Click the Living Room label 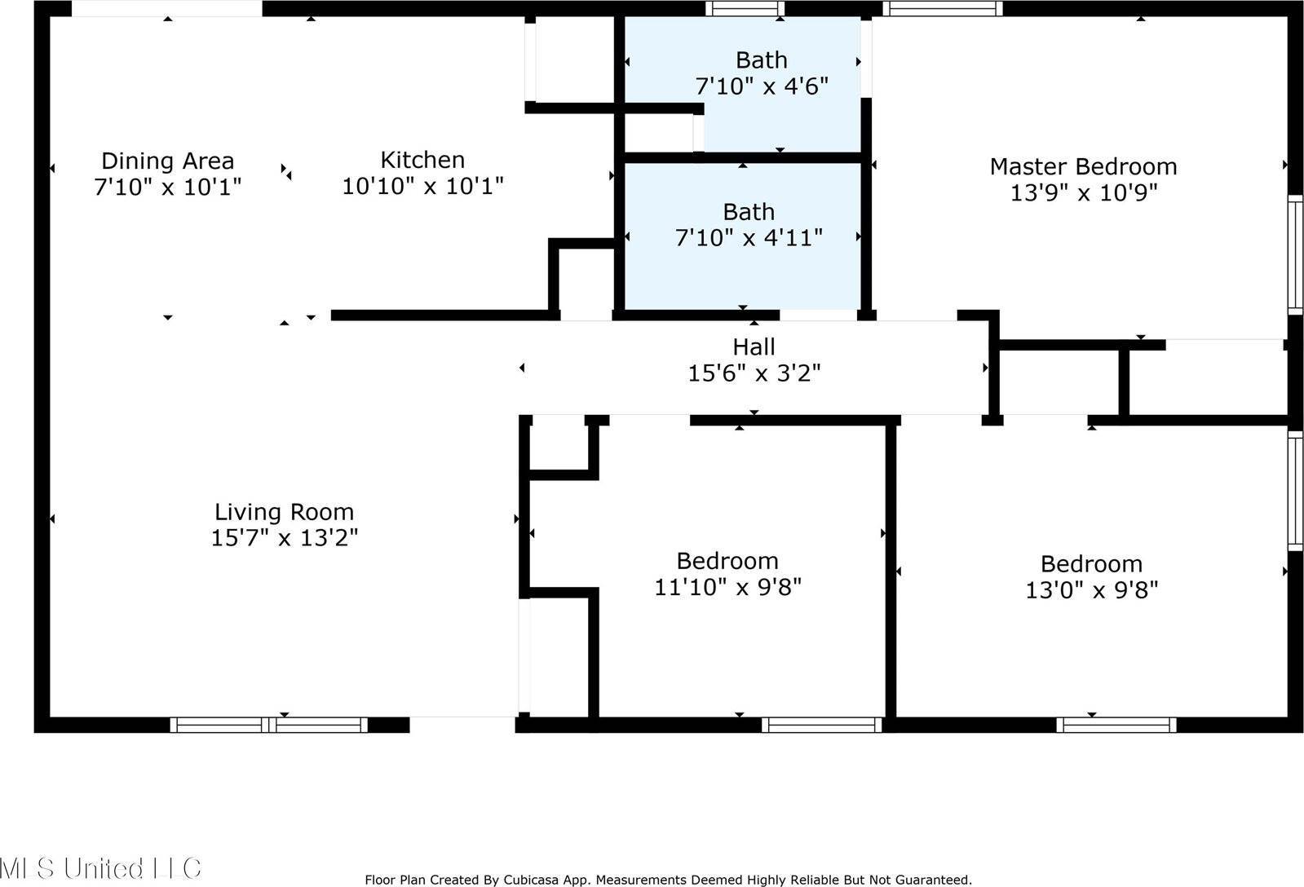pos(284,512)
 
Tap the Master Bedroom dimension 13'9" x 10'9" pos(1083,192)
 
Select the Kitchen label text pos(422,160)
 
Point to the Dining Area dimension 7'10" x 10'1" pos(168,187)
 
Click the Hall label pos(754,347)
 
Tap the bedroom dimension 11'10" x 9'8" pos(727,587)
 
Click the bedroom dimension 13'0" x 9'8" pos(1091,589)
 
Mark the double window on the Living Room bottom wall pos(269,725)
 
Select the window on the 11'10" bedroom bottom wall pos(821,725)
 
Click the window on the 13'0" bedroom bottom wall pos(1116,725)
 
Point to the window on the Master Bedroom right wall pos(1295,254)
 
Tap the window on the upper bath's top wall pos(744,9)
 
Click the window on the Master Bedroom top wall pos(942,9)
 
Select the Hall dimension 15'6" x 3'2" pos(754,373)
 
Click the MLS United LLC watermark pos(99,867)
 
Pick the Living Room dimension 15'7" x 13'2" pos(284,538)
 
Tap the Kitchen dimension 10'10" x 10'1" pos(422,186)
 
